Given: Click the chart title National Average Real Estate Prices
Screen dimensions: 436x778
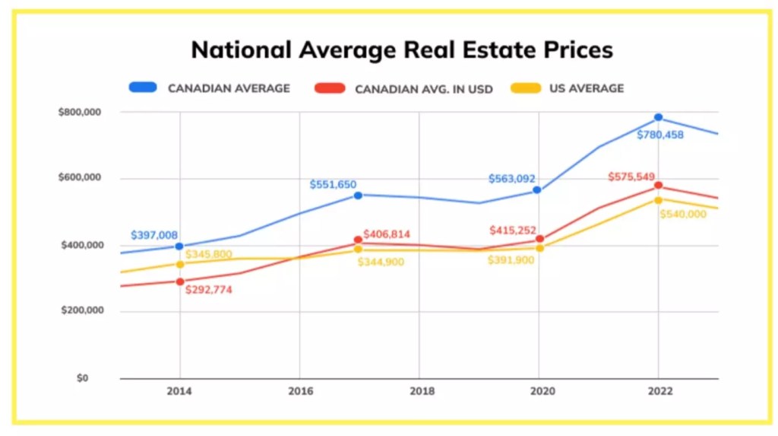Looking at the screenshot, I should point(402,50).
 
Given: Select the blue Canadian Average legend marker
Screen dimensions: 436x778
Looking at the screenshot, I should point(143,88).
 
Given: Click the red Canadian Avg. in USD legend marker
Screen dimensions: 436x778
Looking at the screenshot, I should point(329,88).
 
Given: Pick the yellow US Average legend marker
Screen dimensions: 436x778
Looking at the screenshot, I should point(524,88).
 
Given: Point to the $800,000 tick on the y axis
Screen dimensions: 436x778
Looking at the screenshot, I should point(80,112).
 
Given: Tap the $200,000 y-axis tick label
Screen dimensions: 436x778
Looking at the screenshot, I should point(80,311).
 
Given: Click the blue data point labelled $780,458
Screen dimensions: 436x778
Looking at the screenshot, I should point(658,117).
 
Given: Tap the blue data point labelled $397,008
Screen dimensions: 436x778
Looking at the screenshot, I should point(179,246).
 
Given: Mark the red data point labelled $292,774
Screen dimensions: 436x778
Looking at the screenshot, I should point(180,282).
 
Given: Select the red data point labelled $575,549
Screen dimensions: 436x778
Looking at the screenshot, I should point(658,185).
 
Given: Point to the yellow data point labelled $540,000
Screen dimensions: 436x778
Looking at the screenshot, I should point(658,199).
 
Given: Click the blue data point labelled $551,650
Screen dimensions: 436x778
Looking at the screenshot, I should point(358,195).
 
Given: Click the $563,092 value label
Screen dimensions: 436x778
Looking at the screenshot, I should point(511,179).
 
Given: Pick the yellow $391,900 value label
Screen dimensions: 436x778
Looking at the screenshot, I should point(511,259).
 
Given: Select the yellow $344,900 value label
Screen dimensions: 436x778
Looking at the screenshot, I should point(381,262).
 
